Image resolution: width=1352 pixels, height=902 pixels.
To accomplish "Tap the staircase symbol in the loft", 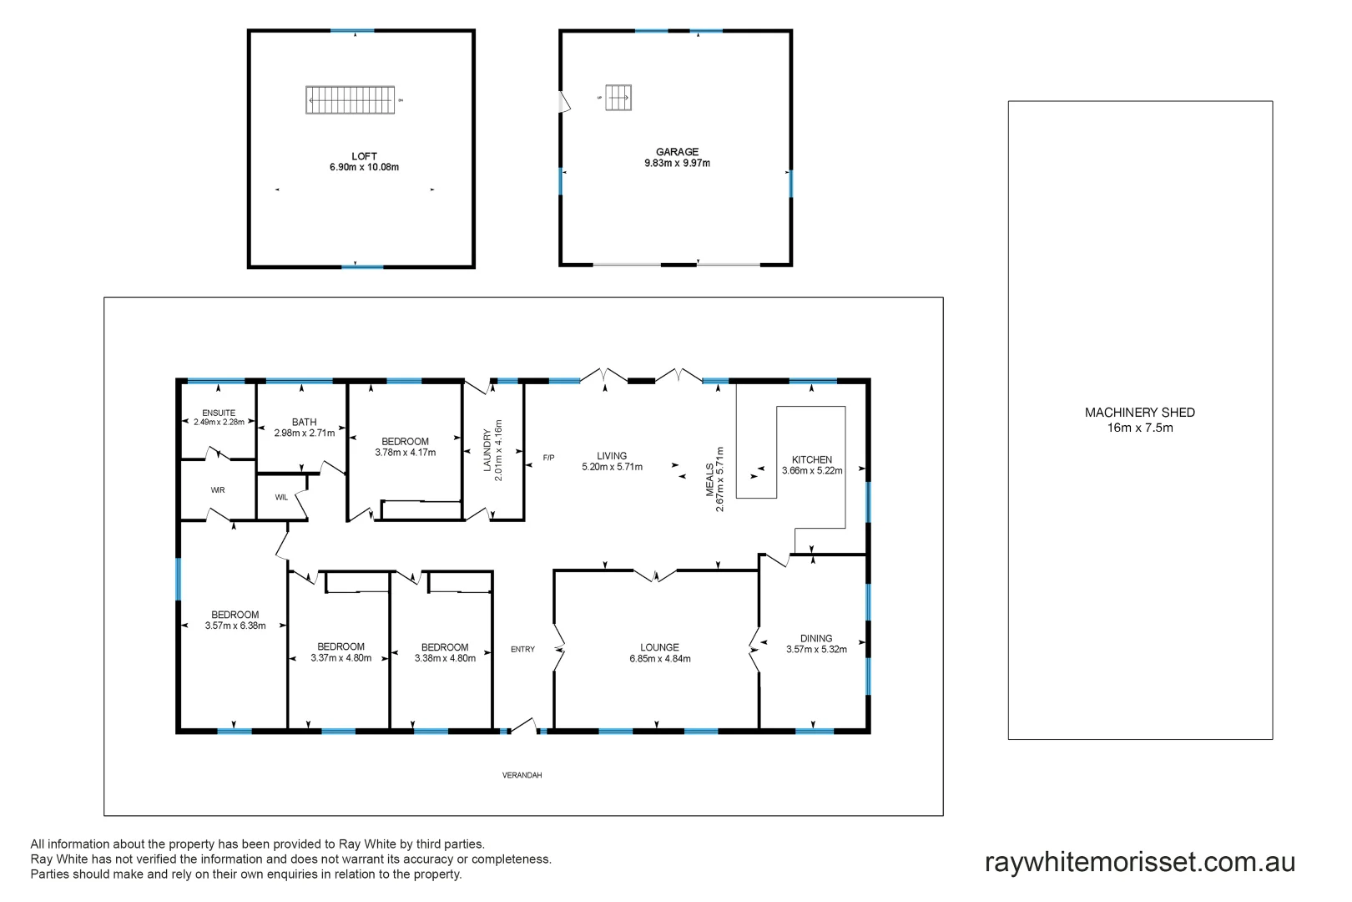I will coord(350,100).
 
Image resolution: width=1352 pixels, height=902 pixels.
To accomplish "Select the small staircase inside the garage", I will coord(618,98).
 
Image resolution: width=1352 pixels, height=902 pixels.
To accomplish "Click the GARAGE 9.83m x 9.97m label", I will coord(677,157).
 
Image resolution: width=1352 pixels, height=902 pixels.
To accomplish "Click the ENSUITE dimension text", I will coord(219,422).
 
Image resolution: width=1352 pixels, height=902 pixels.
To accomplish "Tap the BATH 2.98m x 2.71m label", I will coord(304,428).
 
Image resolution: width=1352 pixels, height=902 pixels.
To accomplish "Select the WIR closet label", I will coord(218,490).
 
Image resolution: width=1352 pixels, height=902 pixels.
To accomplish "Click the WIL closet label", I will coord(281,498).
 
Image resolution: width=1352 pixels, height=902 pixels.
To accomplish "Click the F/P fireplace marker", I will coord(548,458).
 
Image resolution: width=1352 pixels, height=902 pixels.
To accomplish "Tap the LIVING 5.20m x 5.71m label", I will coord(612,461).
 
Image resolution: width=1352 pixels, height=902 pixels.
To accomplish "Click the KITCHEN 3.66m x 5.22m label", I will coord(812,465).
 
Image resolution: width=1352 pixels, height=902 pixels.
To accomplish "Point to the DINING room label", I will coord(816,643).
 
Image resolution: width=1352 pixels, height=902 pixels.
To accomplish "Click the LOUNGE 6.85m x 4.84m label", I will coord(659,652).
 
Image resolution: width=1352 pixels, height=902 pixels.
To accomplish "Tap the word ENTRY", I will coord(522,649).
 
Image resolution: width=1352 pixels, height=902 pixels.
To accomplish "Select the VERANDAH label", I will coord(522,775).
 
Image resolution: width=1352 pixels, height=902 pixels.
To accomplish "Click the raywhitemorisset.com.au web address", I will coord(1139,862).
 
